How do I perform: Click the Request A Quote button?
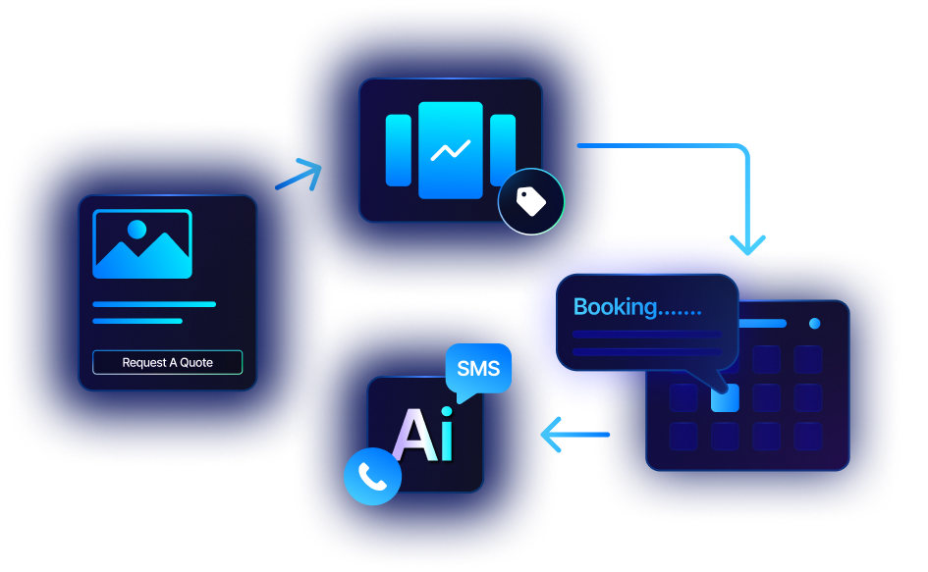[x=167, y=362]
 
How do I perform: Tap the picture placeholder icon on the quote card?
[x=142, y=244]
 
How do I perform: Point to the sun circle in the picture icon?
[x=136, y=230]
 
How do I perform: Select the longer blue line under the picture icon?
[x=153, y=304]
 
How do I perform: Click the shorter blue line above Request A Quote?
[x=137, y=321]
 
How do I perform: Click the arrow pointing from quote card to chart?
[x=300, y=175]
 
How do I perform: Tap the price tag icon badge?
[x=531, y=202]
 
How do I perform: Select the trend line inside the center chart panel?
[x=450, y=150]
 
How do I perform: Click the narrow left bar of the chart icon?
[x=398, y=150]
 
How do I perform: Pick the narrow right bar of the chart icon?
[x=503, y=150]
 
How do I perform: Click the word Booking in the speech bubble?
[x=615, y=307]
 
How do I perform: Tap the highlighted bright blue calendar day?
[x=725, y=397]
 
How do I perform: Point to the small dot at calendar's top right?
[x=814, y=323]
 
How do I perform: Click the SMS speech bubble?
[x=478, y=370]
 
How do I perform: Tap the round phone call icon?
[x=372, y=476]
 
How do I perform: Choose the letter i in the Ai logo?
[x=448, y=436]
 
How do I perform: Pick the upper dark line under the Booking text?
[x=647, y=334]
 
